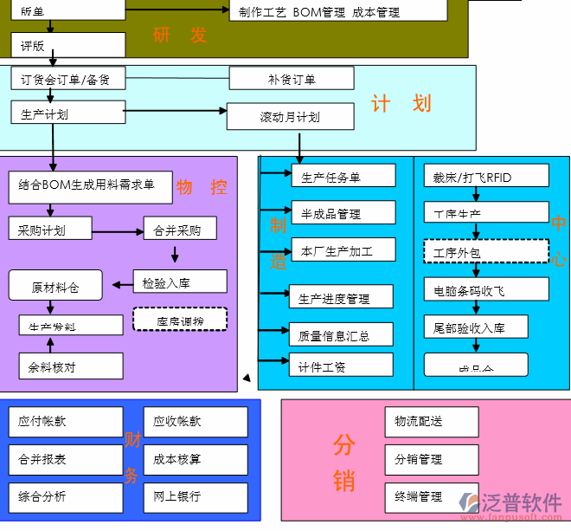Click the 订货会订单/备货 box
(x=67, y=80)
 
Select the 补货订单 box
(x=292, y=79)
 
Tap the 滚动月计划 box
(x=290, y=117)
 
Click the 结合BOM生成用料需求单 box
(x=87, y=185)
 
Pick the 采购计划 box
(x=49, y=230)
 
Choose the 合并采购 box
(x=180, y=230)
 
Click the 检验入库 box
(x=180, y=282)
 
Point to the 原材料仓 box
(x=55, y=287)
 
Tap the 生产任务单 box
(x=343, y=177)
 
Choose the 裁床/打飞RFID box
(x=475, y=177)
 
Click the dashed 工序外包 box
(x=485, y=252)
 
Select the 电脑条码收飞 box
(x=475, y=289)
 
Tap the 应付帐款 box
(x=66, y=422)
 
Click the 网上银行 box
(x=196, y=496)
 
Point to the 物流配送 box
(x=431, y=422)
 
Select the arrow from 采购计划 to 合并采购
(x=117, y=231)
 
